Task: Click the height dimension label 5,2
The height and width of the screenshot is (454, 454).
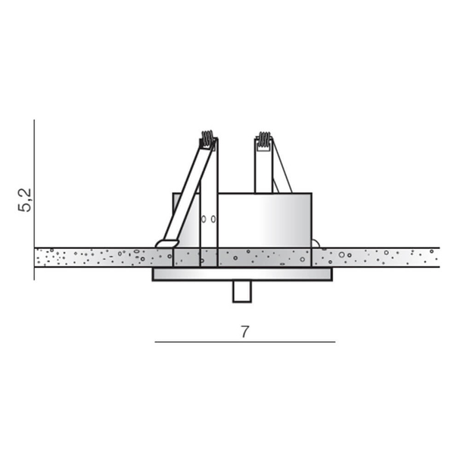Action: coord(25,200)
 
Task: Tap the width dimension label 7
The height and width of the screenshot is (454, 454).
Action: coord(245,332)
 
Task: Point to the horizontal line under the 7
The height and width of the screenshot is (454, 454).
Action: coord(245,342)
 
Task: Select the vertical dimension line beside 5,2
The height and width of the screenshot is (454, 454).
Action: coord(34,200)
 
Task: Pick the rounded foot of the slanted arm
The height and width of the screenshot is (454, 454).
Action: coord(167,244)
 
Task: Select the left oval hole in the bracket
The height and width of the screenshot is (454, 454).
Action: coord(204,219)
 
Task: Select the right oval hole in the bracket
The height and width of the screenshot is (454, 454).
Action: coord(213,219)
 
